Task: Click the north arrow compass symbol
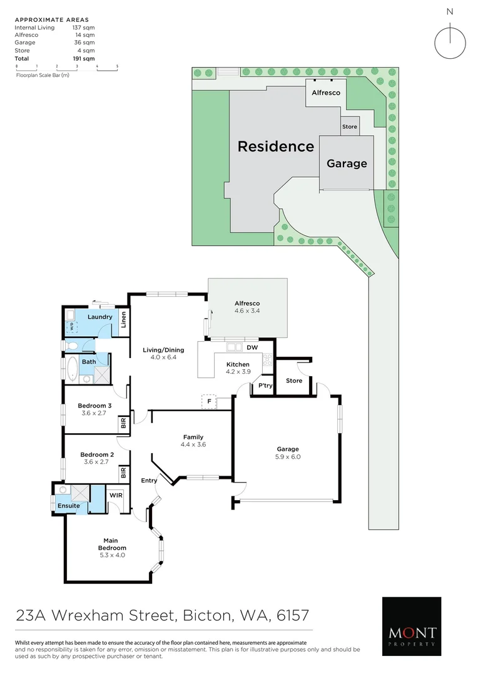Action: point(450,41)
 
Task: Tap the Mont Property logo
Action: point(411,626)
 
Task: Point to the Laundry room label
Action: point(100,317)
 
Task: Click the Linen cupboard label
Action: point(123,320)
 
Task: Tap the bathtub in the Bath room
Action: point(71,370)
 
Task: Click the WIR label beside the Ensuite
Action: point(116,495)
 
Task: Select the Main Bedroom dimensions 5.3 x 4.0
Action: point(113,555)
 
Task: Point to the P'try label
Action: point(265,386)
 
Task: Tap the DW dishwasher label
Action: point(253,347)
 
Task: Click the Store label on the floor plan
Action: point(294,381)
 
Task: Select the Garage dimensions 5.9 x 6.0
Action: point(288,457)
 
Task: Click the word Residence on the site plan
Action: point(275,146)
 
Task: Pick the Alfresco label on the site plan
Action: point(326,93)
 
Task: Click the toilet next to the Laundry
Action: point(72,345)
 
